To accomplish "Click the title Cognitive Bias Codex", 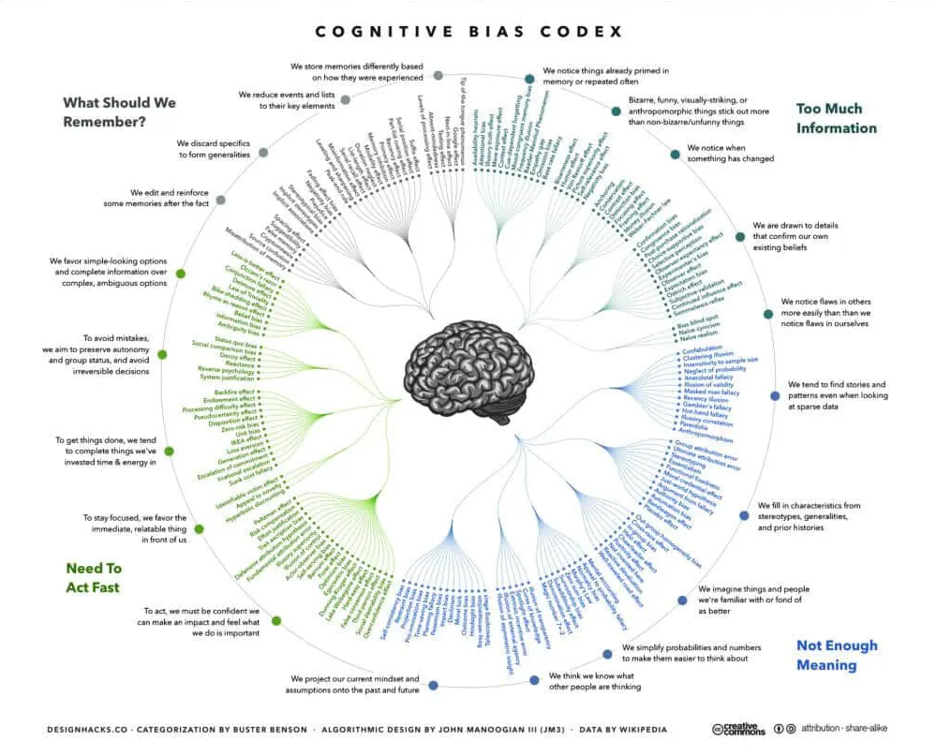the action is [x=468, y=31].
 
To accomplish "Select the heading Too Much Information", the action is [x=836, y=118].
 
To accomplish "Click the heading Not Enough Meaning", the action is [x=837, y=655].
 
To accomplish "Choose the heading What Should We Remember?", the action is [x=119, y=111].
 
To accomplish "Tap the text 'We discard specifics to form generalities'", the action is [x=214, y=149].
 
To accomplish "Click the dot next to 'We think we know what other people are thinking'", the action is [x=535, y=679].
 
